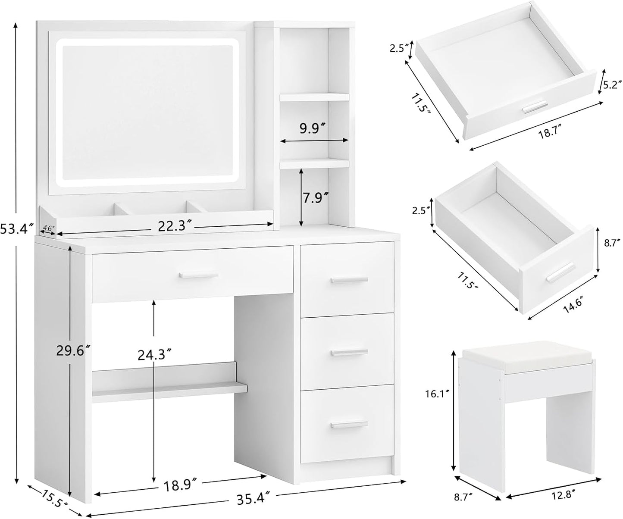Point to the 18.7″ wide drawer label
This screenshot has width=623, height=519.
[x=544, y=134]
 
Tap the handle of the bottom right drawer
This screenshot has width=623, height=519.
[x=349, y=425]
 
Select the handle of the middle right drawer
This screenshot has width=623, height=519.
[x=349, y=353]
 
